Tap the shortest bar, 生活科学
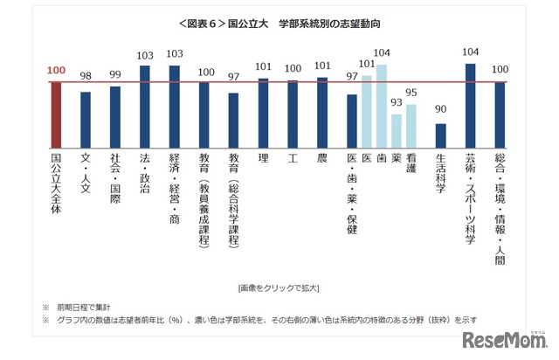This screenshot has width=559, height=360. [x=440, y=136]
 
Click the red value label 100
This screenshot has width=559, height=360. [x=57, y=70]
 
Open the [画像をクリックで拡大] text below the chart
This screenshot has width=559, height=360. [x=279, y=287]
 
